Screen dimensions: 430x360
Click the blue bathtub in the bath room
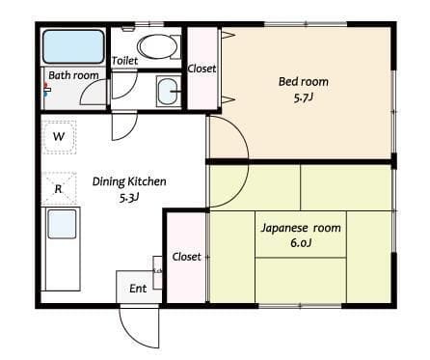[x=73, y=46]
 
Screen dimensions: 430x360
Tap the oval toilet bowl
[x=157, y=46]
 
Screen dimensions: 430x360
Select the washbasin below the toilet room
[x=168, y=91]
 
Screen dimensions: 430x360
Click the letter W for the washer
[x=59, y=136]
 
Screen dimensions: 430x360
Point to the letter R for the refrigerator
[x=58, y=189]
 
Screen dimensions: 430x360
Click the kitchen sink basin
[x=62, y=224]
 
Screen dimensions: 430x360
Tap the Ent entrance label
[x=138, y=289]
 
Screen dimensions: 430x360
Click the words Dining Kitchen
[x=129, y=181]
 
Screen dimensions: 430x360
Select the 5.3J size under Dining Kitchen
[x=129, y=198]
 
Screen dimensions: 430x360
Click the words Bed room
[x=304, y=82]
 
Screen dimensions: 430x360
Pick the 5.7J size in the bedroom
[x=303, y=97]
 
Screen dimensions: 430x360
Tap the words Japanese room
[x=301, y=228]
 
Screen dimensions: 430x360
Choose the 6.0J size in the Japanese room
[x=301, y=243]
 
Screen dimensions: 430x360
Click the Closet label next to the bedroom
[x=202, y=69]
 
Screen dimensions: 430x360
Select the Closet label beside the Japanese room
[x=186, y=257]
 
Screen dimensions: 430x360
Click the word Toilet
[x=124, y=61]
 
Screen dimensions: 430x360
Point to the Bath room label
[x=73, y=75]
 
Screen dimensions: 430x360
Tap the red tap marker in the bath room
[x=45, y=86]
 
